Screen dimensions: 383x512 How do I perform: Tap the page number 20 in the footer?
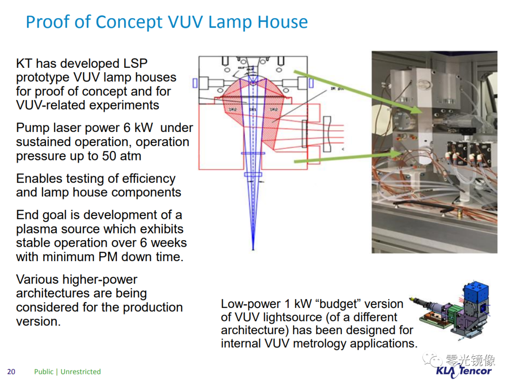[x=11, y=372]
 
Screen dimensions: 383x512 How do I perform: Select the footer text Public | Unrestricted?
[x=67, y=372]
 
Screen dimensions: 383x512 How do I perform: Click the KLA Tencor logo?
[x=464, y=371]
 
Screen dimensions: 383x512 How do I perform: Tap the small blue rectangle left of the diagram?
[x=195, y=83]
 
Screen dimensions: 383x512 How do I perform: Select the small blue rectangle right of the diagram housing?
[x=311, y=83]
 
